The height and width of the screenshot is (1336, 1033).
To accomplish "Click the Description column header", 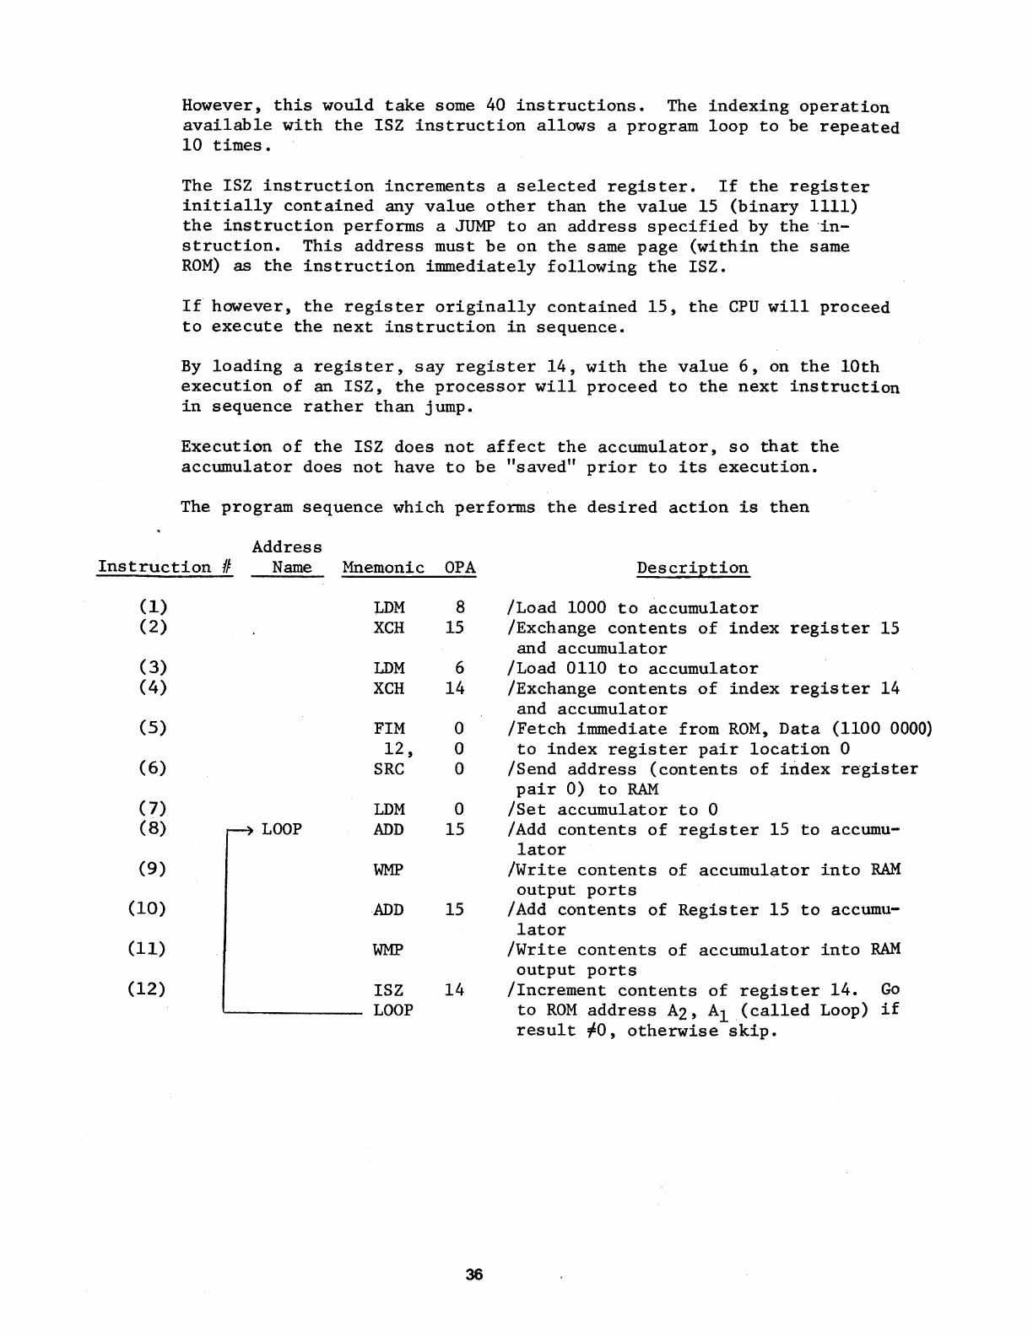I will [692, 568].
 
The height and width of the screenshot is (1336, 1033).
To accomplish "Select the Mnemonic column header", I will [383, 568].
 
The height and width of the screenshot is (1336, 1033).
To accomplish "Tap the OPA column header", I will [460, 568].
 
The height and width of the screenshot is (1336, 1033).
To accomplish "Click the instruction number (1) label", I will [153, 607].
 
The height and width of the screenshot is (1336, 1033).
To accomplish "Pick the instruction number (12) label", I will [147, 989].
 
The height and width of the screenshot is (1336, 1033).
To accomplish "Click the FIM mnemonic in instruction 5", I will [389, 729].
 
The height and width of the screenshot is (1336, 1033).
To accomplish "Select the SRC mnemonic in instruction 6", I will [389, 768].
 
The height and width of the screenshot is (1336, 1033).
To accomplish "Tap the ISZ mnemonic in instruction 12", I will [389, 989].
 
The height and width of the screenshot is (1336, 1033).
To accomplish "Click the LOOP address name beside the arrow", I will [282, 829].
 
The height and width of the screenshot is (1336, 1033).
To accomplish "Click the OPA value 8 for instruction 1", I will [460, 607].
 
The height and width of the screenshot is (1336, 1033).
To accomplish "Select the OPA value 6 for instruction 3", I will [460, 668].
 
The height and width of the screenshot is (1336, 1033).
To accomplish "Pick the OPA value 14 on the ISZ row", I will [455, 989].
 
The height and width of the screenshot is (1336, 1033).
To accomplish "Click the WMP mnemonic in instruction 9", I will [389, 870].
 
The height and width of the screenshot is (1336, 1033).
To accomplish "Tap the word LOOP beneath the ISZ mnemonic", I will [393, 1010].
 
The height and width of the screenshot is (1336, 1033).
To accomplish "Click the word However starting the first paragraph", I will [223, 106].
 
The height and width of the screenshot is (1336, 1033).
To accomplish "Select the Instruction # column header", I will [165, 568].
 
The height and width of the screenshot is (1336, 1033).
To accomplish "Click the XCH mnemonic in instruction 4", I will [389, 688].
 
